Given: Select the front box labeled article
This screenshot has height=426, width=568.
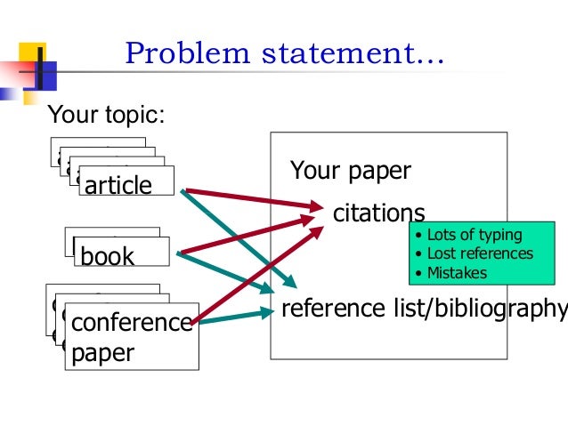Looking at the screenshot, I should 118,185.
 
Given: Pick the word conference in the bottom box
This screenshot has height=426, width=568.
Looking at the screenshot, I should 131,322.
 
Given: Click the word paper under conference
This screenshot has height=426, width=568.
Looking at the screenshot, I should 102,353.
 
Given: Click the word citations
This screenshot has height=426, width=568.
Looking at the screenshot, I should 378,213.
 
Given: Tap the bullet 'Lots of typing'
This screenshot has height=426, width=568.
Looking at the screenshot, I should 474,236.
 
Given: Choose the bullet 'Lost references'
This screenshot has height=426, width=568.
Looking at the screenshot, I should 480,253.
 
